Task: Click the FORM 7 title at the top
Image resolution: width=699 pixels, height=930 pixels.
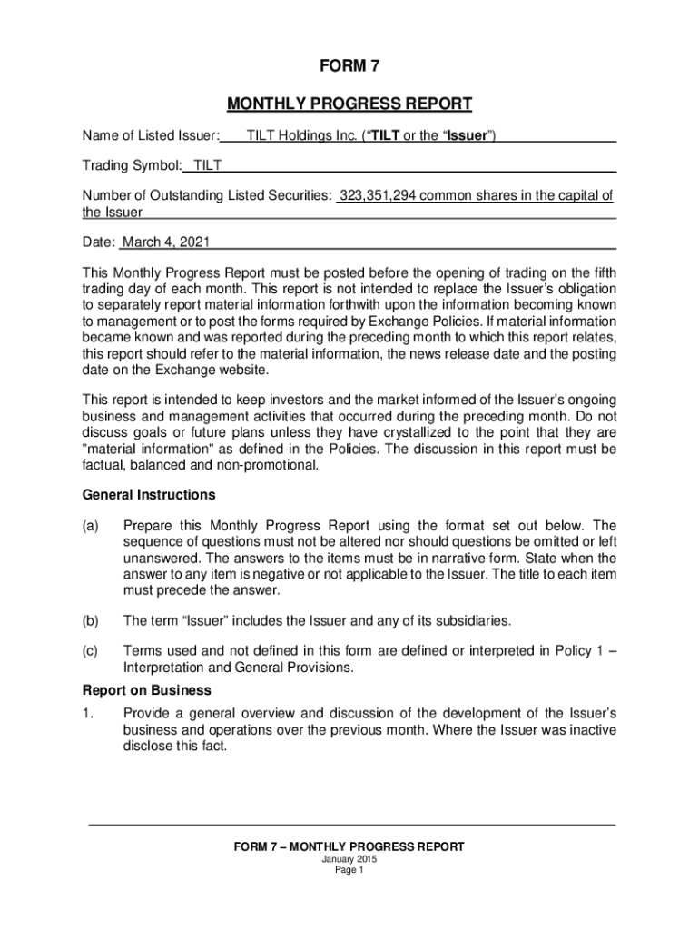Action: (x=349, y=65)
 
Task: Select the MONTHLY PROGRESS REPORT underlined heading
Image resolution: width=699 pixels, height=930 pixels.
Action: (x=349, y=104)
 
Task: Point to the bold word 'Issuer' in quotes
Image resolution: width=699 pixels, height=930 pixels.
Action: (x=468, y=136)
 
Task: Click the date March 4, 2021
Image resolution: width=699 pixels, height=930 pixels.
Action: (x=166, y=242)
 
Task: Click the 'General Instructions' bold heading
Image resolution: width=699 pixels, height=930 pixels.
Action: (x=149, y=495)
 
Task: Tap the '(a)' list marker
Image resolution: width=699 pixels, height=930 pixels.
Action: (x=91, y=526)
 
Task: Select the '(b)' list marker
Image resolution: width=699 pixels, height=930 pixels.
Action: (x=91, y=621)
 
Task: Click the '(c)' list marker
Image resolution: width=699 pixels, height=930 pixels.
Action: (x=91, y=650)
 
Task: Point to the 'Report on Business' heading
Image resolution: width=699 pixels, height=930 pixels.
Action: (x=146, y=689)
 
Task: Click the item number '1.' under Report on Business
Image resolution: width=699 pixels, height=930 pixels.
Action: (x=88, y=714)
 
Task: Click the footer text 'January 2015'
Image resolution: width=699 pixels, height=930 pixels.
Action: (x=349, y=859)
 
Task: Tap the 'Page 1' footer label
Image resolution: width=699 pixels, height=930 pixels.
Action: (x=349, y=870)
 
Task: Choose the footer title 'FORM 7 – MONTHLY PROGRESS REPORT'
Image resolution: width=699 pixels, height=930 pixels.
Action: (x=349, y=846)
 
